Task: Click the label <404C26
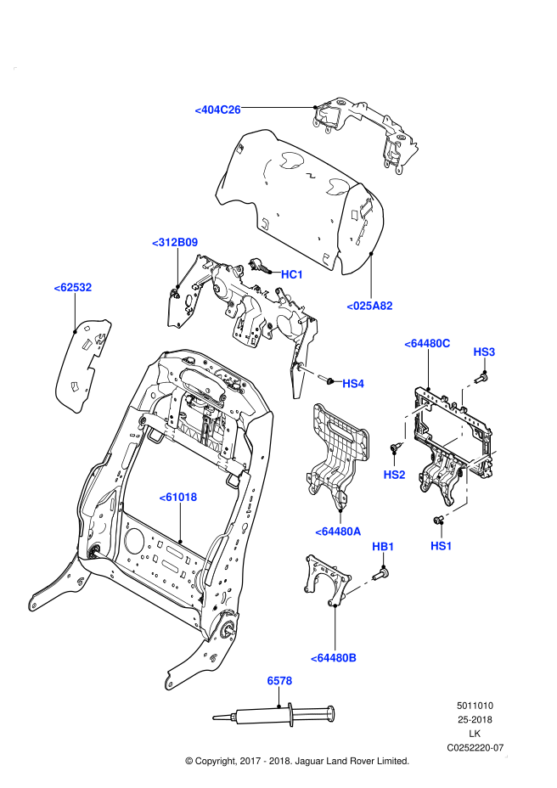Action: click(x=217, y=110)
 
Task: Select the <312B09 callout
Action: click(x=175, y=242)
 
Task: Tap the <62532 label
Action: click(x=73, y=287)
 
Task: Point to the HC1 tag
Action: click(x=292, y=274)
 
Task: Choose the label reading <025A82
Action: click(x=369, y=306)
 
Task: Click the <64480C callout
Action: click(x=427, y=343)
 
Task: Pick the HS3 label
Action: click(x=484, y=352)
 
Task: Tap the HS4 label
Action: click(x=353, y=384)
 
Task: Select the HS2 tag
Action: click(x=394, y=475)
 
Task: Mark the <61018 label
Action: click(x=178, y=497)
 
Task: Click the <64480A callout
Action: click(x=338, y=532)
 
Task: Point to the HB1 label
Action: click(x=383, y=547)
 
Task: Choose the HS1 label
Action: click(x=442, y=546)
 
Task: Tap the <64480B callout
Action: click(x=334, y=658)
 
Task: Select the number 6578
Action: click(x=279, y=681)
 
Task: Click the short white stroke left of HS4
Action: click(x=308, y=371)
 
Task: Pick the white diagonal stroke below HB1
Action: click(x=359, y=587)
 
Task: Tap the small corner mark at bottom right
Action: click(x=506, y=756)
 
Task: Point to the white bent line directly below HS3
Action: click(x=464, y=391)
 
